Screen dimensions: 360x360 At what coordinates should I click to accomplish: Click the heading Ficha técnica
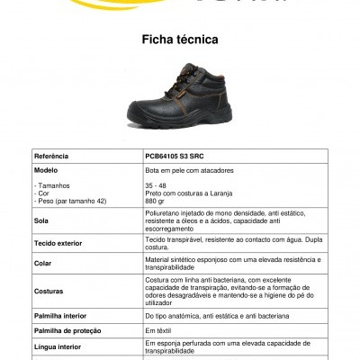tap(180, 40)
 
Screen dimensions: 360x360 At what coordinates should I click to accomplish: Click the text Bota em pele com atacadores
tap(187, 169)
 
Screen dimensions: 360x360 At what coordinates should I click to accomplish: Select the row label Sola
tap(41, 220)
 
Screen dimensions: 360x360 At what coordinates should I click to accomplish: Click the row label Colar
tap(44, 263)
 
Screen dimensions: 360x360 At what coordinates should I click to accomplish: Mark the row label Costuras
tap(49, 292)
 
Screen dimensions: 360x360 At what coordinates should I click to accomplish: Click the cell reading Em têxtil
tap(158, 330)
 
